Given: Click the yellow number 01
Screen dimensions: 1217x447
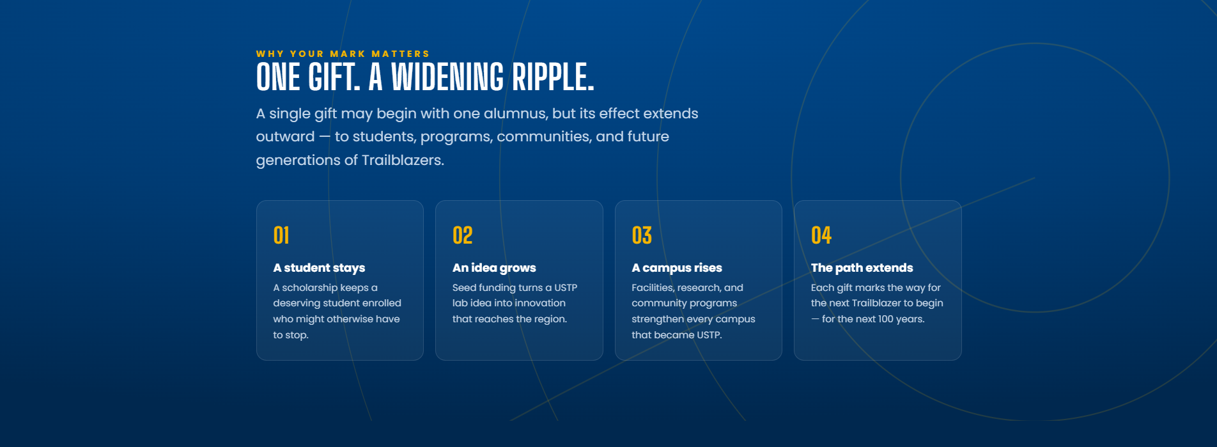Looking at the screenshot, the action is click(281, 235).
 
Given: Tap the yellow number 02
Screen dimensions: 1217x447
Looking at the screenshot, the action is click(463, 235).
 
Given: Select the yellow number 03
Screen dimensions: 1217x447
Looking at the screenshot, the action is click(642, 235).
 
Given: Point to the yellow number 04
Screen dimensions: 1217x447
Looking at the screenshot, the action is click(821, 235).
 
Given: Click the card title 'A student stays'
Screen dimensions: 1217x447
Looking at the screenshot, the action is click(319, 268).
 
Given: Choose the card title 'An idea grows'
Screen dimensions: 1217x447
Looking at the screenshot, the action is click(494, 268).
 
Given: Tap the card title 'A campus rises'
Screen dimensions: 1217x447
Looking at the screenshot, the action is click(677, 268).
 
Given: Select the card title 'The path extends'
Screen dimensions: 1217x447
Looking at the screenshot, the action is click(862, 268).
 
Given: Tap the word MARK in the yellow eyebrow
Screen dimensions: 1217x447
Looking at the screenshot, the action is click(348, 54).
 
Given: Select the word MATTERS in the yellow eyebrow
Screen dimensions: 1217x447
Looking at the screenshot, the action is click(401, 54).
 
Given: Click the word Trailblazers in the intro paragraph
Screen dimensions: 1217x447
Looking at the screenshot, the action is click(403, 160).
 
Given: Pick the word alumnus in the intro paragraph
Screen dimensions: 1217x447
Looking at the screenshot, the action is click(515, 113).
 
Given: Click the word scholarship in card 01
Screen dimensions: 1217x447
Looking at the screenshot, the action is click(309, 288).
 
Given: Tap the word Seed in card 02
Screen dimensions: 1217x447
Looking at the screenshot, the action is click(464, 288).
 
